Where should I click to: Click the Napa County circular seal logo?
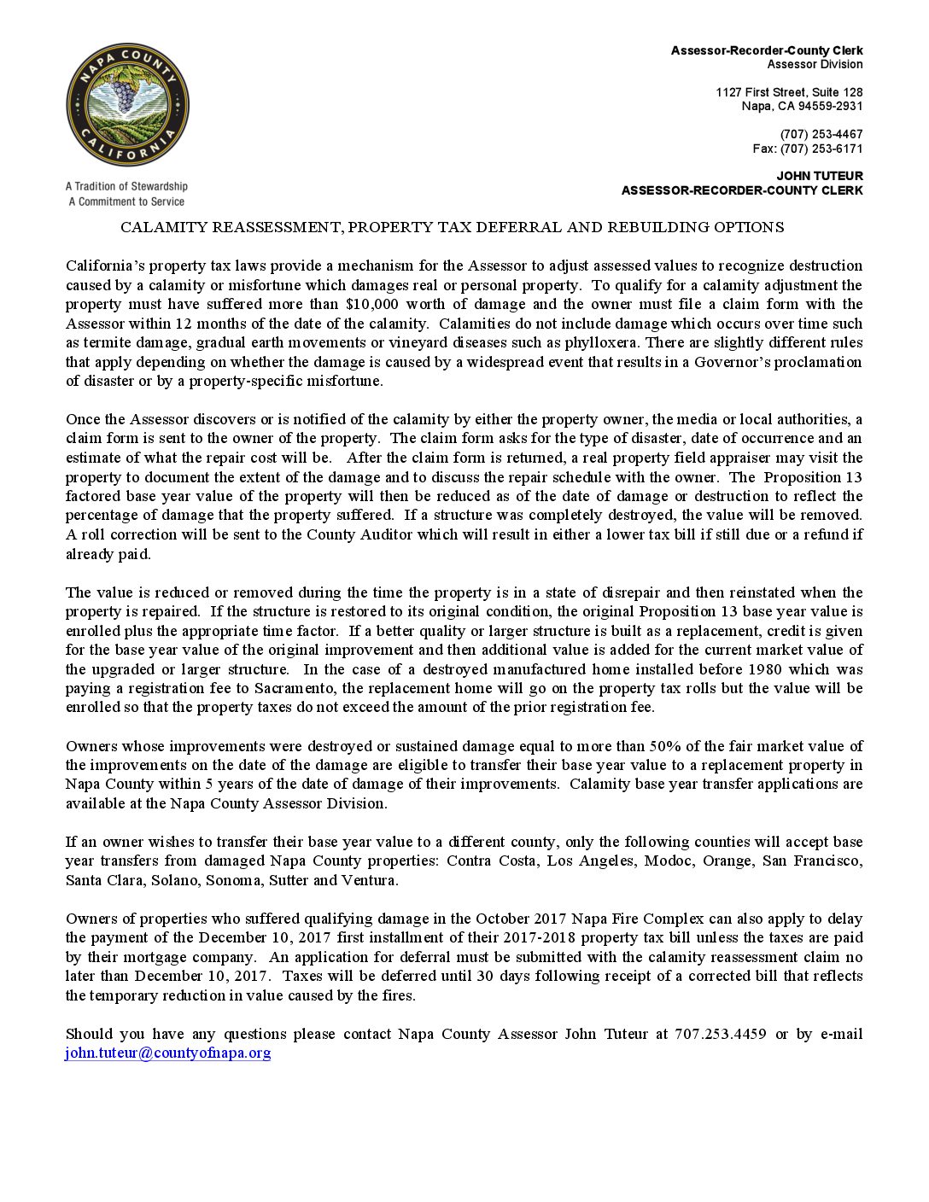pyautogui.click(x=127, y=106)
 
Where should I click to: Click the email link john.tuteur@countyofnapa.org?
pyautogui.click(x=167, y=1053)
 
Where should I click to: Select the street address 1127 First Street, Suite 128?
pyautogui.click(x=789, y=92)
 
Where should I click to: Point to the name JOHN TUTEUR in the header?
pyautogui.click(x=820, y=176)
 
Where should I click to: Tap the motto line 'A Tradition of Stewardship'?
pyautogui.click(x=126, y=186)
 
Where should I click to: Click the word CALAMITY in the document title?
pyautogui.click(x=163, y=228)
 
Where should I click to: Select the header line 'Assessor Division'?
pyautogui.click(x=815, y=65)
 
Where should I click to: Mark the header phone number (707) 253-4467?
pyautogui.click(x=821, y=134)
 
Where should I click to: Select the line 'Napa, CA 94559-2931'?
pyautogui.click(x=802, y=106)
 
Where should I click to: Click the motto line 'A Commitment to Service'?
pyautogui.click(x=126, y=201)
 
